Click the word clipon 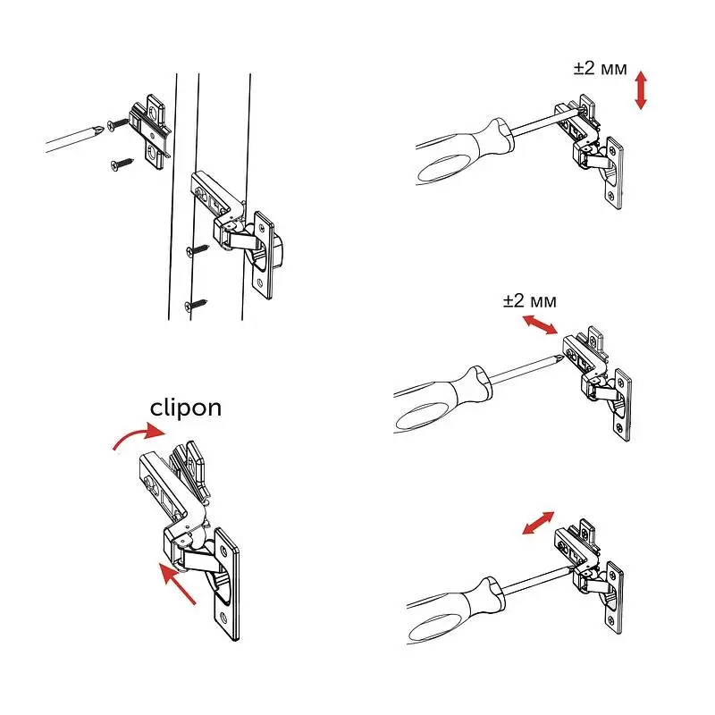click(186, 408)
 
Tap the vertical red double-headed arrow click(641, 90)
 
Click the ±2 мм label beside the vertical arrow click(600, 69)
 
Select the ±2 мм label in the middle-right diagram click(530, 301)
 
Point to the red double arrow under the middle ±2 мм click(540, 325)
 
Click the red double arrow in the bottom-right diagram click(538, 523)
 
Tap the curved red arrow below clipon click(139, 435)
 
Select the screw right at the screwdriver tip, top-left click(118, 123)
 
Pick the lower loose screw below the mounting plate click(122, 164)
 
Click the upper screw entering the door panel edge click(198, 250)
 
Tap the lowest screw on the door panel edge click(196, 305)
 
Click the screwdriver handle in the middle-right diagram click(441, 398)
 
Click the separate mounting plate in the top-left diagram click(150, 131)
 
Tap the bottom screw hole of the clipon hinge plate click(223, 617)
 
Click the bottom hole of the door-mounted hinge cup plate click(260, 282)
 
